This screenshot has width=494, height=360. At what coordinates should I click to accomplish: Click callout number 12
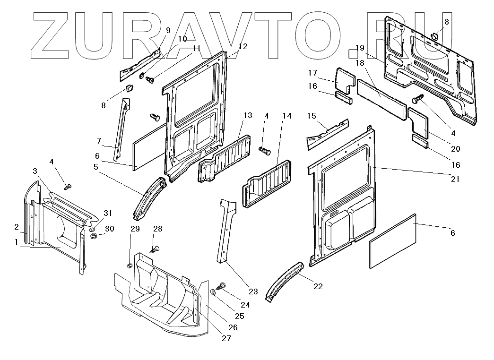243,46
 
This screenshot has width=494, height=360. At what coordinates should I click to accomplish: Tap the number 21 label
454,179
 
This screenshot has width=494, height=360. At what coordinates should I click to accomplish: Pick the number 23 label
253,291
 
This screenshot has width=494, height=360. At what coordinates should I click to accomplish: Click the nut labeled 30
94,235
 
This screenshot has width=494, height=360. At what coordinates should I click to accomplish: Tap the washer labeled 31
93,229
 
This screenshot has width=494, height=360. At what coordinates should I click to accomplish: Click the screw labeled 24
221,286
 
